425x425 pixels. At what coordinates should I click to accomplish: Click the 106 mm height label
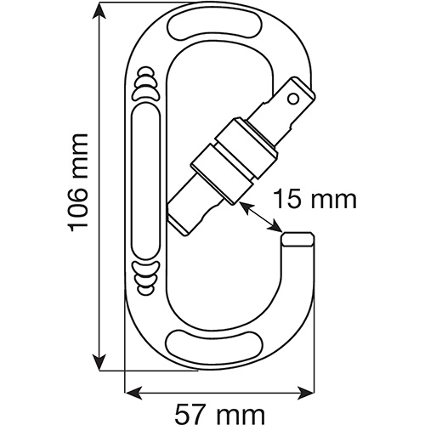pos(78,183)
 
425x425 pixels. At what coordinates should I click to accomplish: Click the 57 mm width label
pos(220,415)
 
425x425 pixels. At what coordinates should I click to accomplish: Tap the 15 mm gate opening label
pos(316,200)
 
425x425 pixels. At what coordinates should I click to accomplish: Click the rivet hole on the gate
pos(293,99)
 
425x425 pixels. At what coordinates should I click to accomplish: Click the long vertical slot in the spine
pos(146,181)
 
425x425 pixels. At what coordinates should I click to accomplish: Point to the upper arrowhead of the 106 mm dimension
pos(99,11)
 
